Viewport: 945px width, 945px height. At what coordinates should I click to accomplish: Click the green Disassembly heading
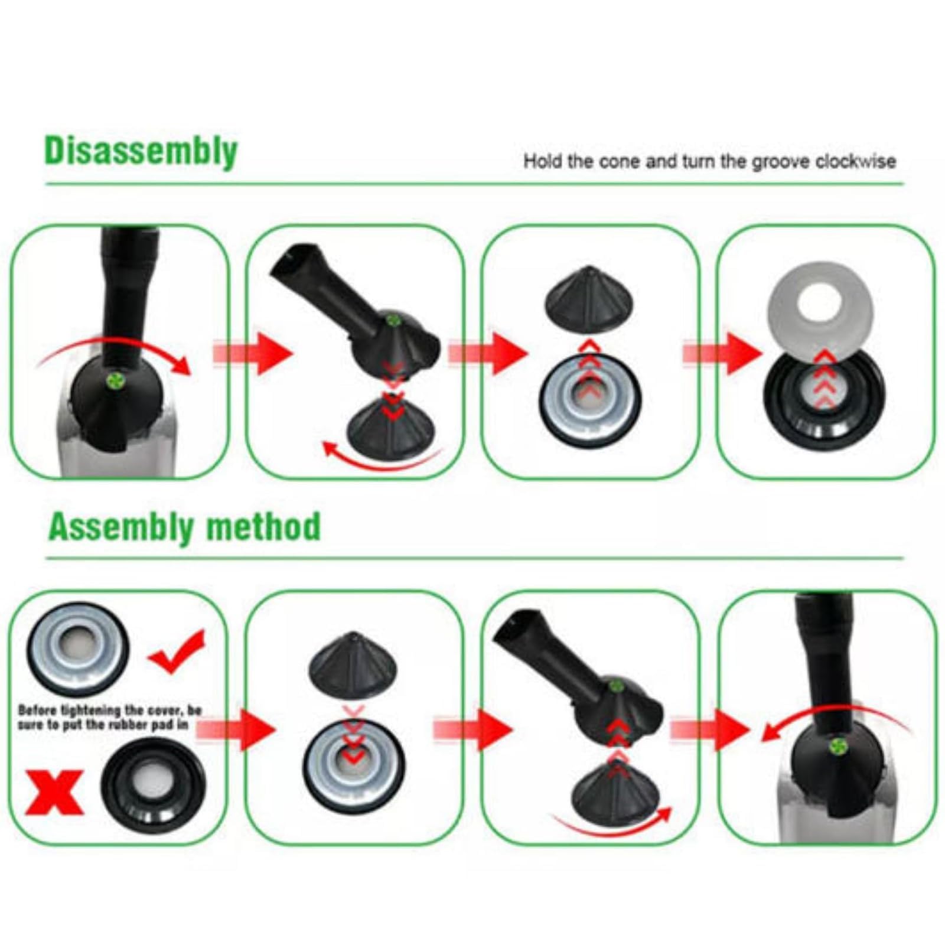[x=141, y=152]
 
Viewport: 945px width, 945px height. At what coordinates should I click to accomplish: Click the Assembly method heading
[x=184, y=526]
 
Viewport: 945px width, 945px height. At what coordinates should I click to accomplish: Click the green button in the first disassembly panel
[x=112, y=380]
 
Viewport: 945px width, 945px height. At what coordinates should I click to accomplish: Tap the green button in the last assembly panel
[x=836, y=746]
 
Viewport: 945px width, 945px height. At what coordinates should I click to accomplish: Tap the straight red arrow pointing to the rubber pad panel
[x=723, y=353]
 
